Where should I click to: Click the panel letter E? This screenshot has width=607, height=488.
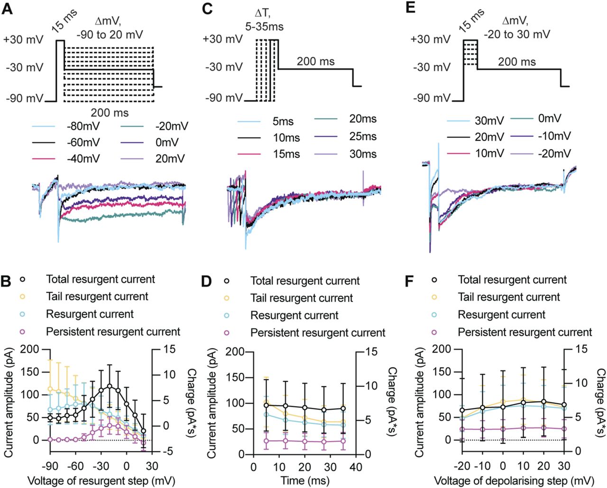[411, 9]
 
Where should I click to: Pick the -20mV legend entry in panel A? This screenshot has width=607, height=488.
[171, 126]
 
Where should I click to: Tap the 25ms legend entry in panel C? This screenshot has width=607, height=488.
[362, 137]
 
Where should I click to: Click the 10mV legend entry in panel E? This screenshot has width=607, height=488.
[489, 154]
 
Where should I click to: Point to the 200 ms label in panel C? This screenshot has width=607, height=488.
[315, 62]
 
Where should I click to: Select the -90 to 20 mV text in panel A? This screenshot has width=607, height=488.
[109, 35]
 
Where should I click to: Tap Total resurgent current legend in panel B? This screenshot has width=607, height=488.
[100, 279]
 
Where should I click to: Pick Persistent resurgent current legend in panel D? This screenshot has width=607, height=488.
[318, 333]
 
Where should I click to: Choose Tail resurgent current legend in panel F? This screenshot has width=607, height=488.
[509, 297]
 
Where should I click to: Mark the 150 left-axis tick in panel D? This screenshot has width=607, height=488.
[237, 378]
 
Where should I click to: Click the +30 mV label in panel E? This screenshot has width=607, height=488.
[431, 39]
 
